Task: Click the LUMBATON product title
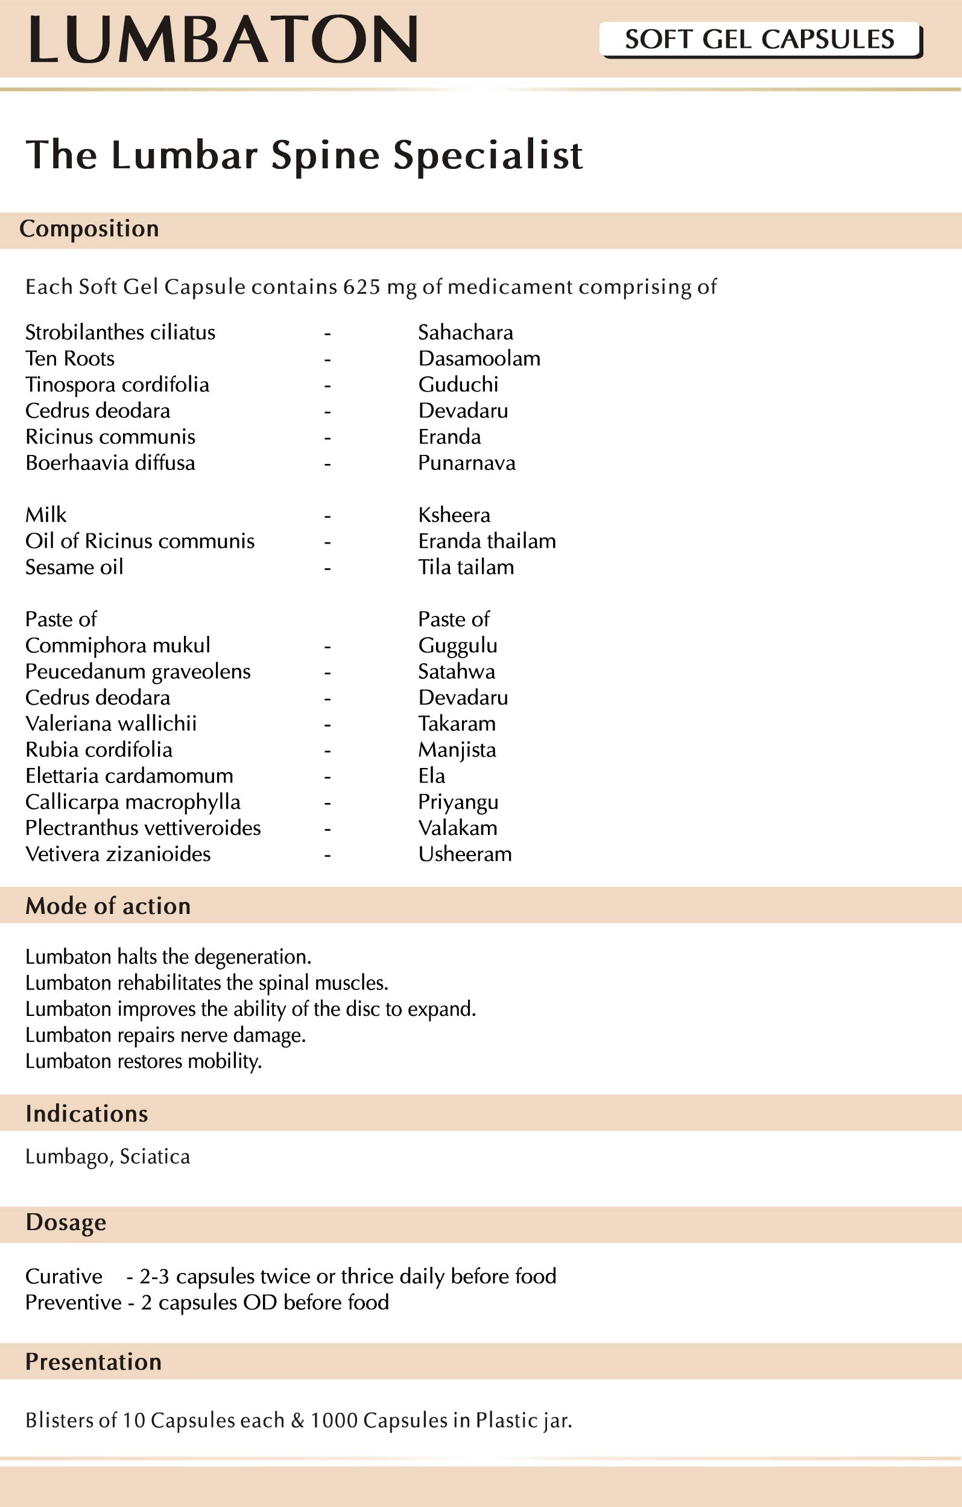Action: [x=223, y=39]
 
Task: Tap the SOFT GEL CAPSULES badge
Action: [x=759, y=39]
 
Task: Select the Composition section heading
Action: [x=89, y=229]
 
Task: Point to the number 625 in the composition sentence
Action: [x=361, y=287]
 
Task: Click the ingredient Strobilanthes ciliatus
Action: [x=120, y=332]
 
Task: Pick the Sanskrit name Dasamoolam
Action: [x=479, y=358]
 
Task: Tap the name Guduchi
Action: [x=458, y=384]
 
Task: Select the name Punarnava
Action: [x=467, y=463]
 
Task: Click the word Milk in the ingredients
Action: [x=46, y=515]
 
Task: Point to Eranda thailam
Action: [x=487, y=541]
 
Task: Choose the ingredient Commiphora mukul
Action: [x=118, y=646]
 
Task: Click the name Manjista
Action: [x=457, y=750]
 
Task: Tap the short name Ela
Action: [x=432, y=776]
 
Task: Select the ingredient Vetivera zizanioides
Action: [x=118, y=854]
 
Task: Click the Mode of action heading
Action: [x=107, y=906]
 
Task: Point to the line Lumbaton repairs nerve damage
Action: [x=165, y=1035]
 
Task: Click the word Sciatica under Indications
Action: [x=154, y=1156]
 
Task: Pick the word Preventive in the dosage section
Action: [x=73, y=1302]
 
